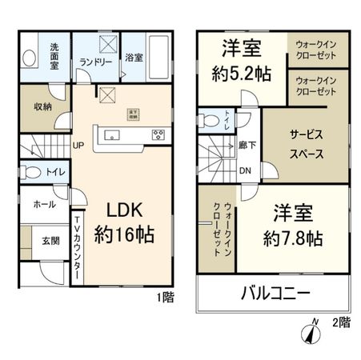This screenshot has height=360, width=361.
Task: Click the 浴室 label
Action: [134, 58]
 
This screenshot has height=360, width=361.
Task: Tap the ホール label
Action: [44, 205]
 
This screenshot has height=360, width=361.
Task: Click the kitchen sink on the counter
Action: [110, 134]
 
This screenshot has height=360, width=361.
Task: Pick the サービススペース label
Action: [306, 144]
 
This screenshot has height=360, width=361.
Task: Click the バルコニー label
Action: [276, 294]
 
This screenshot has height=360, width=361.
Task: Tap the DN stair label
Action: [247, 170]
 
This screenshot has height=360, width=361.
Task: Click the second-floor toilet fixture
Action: [210, 121]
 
